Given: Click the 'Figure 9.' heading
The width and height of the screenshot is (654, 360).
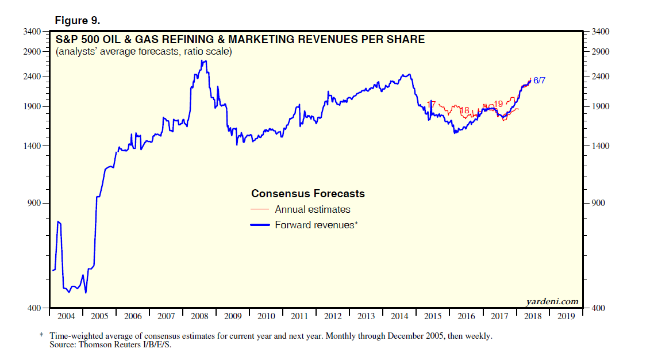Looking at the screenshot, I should [78, 20].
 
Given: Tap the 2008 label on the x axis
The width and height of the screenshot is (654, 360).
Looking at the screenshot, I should [199, 316].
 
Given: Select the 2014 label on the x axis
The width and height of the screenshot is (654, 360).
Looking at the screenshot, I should [399, 316].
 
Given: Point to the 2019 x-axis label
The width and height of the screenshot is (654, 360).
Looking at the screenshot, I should [566, 316].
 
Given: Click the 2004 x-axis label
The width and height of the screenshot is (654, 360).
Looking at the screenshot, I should [66, 316].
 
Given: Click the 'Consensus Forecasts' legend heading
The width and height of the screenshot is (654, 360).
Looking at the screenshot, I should [308, 194].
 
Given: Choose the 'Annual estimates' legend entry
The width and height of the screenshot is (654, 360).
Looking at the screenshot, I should [312, 209].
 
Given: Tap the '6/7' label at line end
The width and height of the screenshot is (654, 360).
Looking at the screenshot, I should [539, 81].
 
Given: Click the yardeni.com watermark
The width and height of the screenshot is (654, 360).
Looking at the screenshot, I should [552, 301].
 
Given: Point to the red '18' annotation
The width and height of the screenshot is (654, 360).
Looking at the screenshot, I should [465, 110].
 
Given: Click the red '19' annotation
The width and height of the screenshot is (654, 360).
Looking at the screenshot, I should [498, 104].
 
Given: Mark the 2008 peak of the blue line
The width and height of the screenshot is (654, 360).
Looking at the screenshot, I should [203, 61].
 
